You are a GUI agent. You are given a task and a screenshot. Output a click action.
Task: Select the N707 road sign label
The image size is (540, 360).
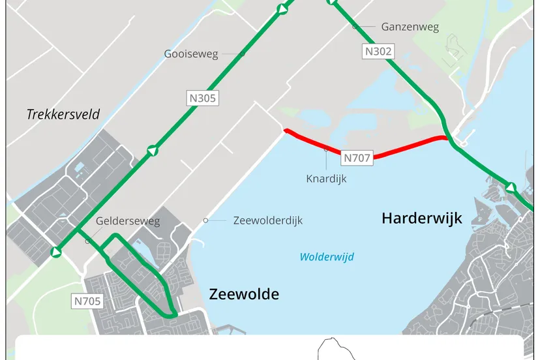(357, 157)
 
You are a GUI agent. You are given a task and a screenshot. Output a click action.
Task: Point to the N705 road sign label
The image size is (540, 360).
(87, 301)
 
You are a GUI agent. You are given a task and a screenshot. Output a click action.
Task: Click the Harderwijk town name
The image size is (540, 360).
(421, 218)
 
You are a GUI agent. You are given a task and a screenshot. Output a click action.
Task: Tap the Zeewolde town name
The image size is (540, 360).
(244, 294)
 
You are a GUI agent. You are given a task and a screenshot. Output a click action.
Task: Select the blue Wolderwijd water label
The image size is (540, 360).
(326, 257)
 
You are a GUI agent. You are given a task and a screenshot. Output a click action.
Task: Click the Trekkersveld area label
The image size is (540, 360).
(63, 115)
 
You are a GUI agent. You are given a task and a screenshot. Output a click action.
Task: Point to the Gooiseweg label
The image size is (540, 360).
(191, 54)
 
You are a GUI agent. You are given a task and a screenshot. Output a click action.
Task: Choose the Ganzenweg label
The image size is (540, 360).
(410, 27)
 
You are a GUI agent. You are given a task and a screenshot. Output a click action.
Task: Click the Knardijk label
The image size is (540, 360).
(326, 178)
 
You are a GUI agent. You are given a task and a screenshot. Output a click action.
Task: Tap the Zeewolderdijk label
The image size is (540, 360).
(267, 220)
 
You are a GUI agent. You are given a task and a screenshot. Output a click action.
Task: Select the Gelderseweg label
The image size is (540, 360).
(127, 221)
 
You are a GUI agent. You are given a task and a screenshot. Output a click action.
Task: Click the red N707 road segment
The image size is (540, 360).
(404, 147)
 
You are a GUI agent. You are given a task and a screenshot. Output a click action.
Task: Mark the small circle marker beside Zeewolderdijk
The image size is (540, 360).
(205, 220)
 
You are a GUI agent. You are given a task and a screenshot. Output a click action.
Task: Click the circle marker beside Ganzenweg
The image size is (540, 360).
(355, 27)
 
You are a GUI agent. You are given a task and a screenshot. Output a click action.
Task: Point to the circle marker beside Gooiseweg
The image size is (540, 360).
(242, 53)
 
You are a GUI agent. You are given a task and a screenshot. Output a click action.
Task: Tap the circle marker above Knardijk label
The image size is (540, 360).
(327, 150)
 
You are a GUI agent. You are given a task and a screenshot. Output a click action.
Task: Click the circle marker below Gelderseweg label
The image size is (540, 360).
(87, 241)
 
